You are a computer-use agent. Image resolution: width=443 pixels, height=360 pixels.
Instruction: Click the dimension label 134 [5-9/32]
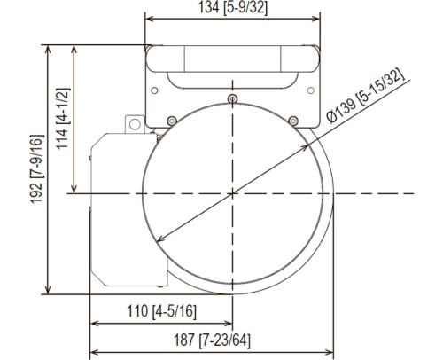tap(233, 7)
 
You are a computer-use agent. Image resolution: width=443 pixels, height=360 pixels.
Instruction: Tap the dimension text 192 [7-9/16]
tap(37, 168)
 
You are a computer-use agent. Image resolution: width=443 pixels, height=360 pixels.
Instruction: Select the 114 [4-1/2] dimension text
tap(63, 119)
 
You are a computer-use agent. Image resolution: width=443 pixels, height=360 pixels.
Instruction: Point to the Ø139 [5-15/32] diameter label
tap(365, 96)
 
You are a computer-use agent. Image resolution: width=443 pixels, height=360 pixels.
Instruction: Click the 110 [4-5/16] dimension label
tap(161, 311)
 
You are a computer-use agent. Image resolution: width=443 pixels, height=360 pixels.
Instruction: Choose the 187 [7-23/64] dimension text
tap(212, 340)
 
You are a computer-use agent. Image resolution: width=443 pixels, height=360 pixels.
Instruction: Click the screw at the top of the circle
tap(233, 98)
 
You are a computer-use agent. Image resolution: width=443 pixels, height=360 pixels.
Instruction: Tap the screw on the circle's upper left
tap(172, 121)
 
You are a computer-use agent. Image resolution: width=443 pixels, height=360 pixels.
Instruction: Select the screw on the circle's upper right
tap(293, 121)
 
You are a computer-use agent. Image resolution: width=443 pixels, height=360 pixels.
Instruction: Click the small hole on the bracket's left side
tap(154, 90)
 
